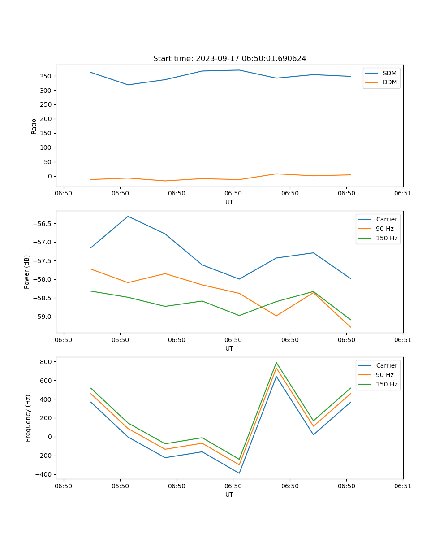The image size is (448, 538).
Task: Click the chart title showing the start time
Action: (229, 59)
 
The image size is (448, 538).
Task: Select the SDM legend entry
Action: (389, 73)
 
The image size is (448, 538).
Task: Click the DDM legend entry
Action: (389, 82)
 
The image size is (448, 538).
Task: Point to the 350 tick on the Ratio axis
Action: (47, 76)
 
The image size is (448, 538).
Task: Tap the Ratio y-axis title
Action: (34, 126)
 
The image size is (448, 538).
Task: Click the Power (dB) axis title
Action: (27, 272)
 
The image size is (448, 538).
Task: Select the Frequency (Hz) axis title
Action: (28, 418)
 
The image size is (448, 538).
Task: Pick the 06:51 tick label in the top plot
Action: (403, 194)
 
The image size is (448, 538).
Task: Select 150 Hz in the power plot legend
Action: (386, 238)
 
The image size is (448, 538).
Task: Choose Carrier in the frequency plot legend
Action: (386, 365)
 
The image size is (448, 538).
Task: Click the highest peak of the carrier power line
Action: (128, 216)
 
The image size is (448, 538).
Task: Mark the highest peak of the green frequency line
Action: (276, 362)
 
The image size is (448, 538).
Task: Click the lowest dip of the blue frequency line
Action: (239, 473)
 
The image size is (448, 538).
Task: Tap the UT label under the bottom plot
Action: (229, 495)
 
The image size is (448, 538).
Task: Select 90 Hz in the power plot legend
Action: (384, 229)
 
